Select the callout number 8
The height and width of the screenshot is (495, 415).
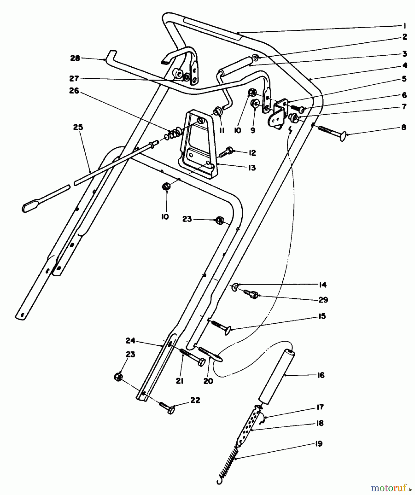pyautogui.click(x=404, y=128)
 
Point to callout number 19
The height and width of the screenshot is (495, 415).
pyautogui.click(x=319, y=444)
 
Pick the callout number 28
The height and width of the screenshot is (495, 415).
pyautogui.click(x=75, y=58)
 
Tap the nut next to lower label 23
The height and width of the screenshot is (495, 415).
pyautogui.click(x=118, y=376)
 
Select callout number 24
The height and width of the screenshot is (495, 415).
pyautogui.click(x=130, y=341)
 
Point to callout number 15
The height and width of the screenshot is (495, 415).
pyautogui.click(x=322, y=316)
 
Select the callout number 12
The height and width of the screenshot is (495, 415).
pyautogui.click(x=252, y=153)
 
